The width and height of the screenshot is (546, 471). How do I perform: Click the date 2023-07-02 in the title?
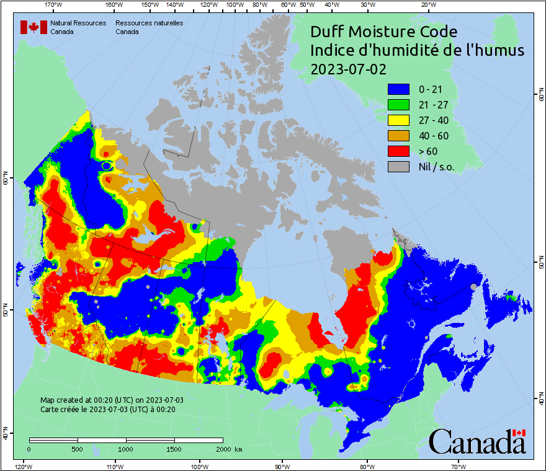click(x=348, y=69)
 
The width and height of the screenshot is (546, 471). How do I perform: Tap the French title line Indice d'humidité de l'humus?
click(x=417, y=50)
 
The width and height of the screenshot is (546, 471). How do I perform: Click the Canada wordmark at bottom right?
click(x=477, y=442)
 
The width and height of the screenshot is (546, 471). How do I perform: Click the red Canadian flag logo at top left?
click(x=34, y=27)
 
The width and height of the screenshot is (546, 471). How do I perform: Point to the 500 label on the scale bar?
click(x=78, y=449)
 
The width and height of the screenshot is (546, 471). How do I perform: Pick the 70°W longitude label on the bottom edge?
click(x=459, y=466)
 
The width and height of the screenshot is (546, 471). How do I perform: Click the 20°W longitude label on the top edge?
click(x=427, y=5)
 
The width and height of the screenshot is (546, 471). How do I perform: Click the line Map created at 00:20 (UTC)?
click(x=112, y=400)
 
